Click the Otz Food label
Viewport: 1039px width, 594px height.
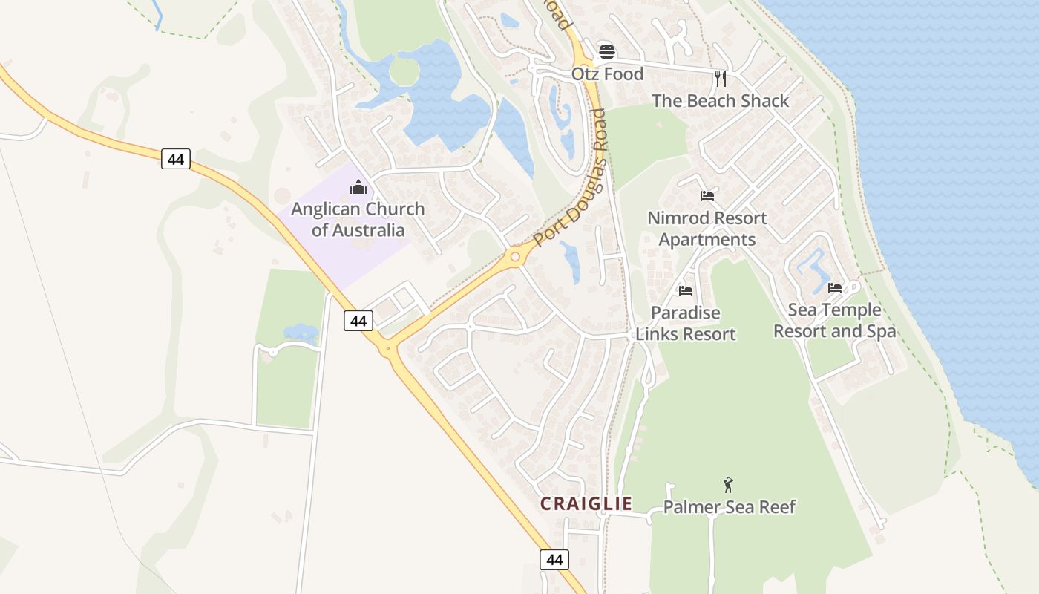(607, 74)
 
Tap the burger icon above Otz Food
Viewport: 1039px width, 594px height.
(607, 51)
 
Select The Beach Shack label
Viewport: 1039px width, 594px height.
(720, 101)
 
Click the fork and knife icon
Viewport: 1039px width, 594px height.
(720, 78)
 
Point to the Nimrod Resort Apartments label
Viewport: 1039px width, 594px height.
(707, 229)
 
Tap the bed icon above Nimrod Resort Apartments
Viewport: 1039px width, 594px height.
(707, 196)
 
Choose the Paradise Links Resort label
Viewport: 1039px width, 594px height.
(686, 323)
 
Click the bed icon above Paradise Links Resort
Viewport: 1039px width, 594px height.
(686, 290)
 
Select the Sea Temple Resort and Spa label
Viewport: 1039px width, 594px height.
(835, 320)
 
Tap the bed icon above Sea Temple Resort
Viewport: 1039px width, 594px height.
(835, 287)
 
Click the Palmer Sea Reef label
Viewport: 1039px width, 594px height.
(729, 507)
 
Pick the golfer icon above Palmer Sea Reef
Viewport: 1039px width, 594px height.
(728, 485)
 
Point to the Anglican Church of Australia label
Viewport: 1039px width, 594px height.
(358, 219)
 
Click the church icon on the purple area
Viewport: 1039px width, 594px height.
(358, 186)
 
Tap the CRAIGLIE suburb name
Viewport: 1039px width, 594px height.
(586, 503)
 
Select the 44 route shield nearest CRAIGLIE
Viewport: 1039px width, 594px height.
(554, 559)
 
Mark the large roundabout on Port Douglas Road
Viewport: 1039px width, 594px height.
(514, 258)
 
